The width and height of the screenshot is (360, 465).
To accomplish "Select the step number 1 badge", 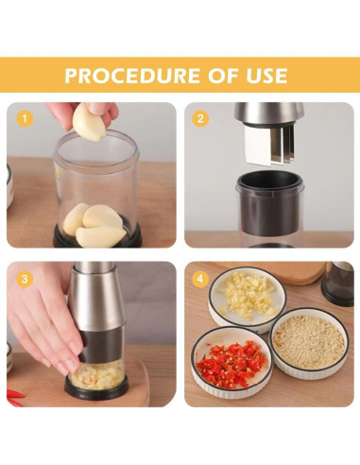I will coord(26,119).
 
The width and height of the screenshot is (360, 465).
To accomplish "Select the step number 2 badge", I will coord(199,119).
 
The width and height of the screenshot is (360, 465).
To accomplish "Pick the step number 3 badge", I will coord(26,279).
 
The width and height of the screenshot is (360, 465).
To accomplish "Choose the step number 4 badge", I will coord(199,279).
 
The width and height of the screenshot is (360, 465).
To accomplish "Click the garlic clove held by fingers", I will coord(89,122).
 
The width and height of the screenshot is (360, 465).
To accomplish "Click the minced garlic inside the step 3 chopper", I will coord(97,375).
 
